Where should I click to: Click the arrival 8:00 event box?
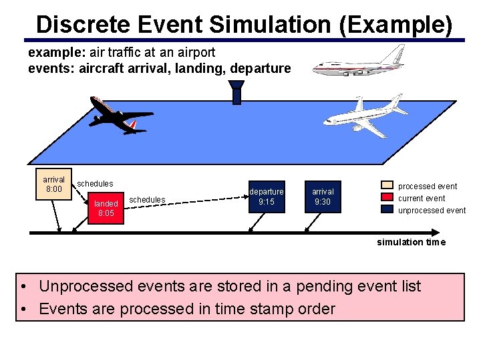(x=53, y=184)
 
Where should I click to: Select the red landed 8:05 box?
(x=106, y=208)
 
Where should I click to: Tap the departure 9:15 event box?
(x=267, y=197)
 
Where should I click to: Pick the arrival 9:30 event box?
(x=323, y=197)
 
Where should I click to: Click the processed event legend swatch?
(x=387, y=186)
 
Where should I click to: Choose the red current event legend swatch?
(x=387, y=198)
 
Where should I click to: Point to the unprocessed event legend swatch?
(x=387, y=209)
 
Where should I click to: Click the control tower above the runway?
(x=236, y=92)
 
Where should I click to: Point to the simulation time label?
(x=411, y=242)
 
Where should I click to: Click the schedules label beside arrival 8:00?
(x=95, y=183)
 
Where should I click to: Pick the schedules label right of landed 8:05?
(x=147, y=199)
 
